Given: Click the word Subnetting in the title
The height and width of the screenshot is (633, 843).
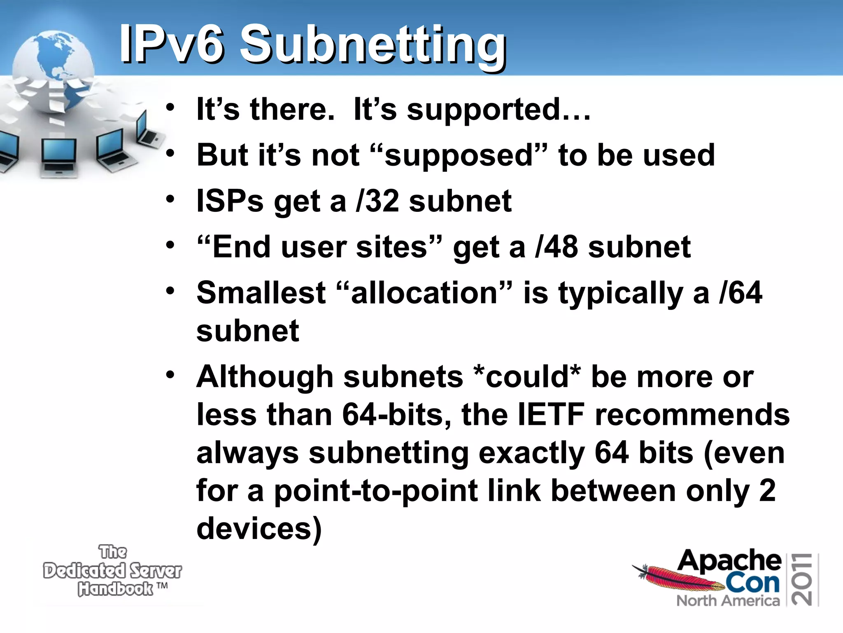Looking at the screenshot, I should click(373, 45).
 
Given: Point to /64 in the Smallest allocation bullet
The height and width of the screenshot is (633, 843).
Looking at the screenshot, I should click(740, 293).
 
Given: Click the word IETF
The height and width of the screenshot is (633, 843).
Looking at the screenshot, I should click(551, 415).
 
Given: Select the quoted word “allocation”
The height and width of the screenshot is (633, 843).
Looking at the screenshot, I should click(424, 293).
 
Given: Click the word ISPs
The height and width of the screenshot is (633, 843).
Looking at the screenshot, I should click(230, 202).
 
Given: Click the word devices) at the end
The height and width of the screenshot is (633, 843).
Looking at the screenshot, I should click(259, 529).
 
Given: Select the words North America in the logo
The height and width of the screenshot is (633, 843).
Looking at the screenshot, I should click(728, 601).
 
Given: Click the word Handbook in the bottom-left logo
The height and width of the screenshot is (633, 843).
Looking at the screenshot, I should click(116, 589).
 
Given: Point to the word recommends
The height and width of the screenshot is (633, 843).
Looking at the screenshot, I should click(692, 415).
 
